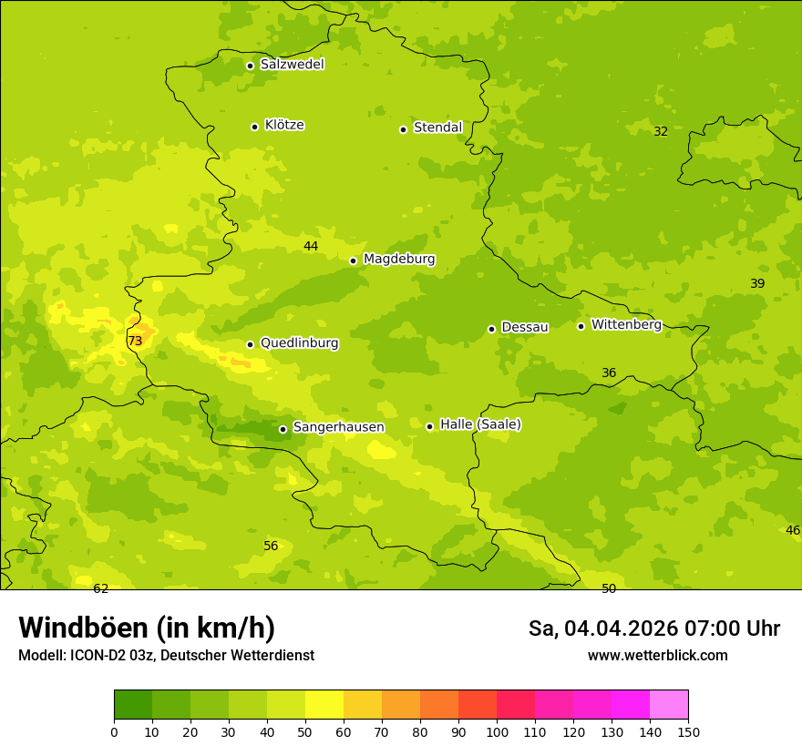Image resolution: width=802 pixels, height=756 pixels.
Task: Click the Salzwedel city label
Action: (292, 65)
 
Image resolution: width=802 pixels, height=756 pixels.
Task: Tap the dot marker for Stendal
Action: (403, 129)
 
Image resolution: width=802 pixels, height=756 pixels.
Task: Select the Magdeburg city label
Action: (399, 260)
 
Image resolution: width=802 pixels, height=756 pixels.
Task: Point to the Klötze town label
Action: (284, 125)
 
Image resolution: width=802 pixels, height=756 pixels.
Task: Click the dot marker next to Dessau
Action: (491, 329)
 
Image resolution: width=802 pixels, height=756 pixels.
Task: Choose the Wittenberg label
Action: (626, 324)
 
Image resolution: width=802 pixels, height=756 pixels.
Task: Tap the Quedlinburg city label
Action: (299, 343)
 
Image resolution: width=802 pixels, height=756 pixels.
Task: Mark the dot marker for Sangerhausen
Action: (283, 429)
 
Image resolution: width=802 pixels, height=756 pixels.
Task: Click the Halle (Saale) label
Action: (480, 424)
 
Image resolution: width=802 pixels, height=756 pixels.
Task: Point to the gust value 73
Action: (135, 341)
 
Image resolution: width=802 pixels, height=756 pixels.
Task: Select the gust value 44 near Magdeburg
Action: (311, 246)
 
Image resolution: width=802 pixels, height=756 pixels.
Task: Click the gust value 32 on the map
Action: (661, 131)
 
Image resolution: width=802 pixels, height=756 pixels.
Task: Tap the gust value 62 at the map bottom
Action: (101, 588)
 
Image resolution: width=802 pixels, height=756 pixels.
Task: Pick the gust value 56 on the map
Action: (271, 546)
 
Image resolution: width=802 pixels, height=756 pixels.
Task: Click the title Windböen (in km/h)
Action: (147, 628)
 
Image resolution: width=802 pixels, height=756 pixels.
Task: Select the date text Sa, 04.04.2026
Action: (604, 628)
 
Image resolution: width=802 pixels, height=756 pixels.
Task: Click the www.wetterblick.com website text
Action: (657, 656)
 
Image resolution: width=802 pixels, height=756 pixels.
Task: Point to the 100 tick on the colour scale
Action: (497, 731)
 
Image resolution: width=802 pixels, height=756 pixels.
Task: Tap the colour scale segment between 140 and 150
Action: (669, 705)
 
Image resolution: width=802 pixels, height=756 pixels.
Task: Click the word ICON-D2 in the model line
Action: (98, 656)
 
